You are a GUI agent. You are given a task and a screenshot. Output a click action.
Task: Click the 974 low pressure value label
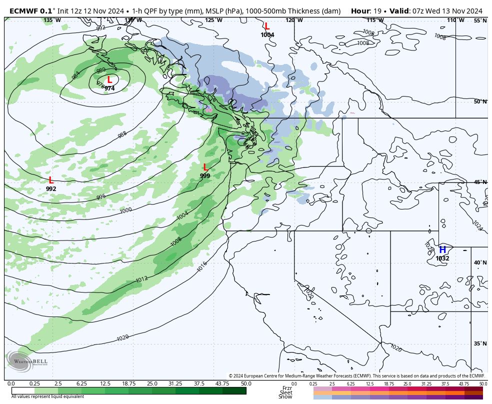(x=109, y=88)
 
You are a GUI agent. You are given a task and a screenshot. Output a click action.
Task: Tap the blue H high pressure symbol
(x=442, y=250)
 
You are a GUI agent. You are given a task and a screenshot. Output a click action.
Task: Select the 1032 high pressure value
(x=442, y=258)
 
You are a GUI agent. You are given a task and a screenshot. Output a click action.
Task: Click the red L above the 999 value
(x=205, y=167)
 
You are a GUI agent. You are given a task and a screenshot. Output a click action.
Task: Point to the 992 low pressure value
(x=51, y=189)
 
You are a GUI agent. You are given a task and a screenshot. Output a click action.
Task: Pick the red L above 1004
(x=267, y=26)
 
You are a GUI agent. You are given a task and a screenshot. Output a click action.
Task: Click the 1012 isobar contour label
(x=141, y=279)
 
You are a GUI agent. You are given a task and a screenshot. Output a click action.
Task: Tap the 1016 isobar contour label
(x=202, y=266)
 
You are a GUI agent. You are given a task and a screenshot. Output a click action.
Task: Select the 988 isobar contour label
(x=122, y=135)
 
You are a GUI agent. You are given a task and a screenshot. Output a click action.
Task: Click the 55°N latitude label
(x=479, y=20)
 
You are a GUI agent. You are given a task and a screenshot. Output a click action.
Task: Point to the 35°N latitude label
(x=479, y=343)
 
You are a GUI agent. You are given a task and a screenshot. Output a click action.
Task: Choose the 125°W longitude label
(x=213, y=20)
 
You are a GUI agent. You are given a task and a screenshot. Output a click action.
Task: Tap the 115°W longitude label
(x=375, y=20)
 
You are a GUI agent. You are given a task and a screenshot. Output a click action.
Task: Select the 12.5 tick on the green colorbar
(x=105, y=383)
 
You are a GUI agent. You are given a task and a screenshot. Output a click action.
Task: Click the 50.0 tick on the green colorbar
(x=245, y=383)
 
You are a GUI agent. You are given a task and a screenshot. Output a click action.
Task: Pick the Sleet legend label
(x=286, y=392)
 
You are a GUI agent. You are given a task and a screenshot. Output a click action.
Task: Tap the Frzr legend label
(x=286, y=388)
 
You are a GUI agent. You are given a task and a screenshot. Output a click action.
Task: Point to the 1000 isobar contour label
(x=126, y=210)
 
